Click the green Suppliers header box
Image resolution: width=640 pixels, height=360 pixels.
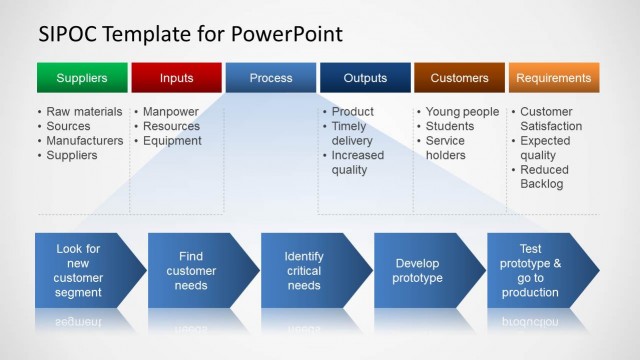coord(82,78)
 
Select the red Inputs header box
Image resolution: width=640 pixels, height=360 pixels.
coord(176,78)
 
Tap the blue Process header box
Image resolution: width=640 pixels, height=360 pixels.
coord(271,78)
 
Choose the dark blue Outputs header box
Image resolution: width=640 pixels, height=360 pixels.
coord(365,78)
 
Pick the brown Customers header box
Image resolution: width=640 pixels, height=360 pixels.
coord(459,78)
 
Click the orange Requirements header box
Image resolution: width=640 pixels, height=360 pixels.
coord(554,78)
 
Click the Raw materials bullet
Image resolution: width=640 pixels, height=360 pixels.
coord(84,112)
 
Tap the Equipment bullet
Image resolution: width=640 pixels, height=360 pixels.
coord(173,141)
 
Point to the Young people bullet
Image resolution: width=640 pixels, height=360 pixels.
coord(461,112)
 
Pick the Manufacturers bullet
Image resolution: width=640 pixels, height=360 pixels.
coord(85,141)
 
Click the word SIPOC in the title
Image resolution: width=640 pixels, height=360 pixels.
coord(68,35)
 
